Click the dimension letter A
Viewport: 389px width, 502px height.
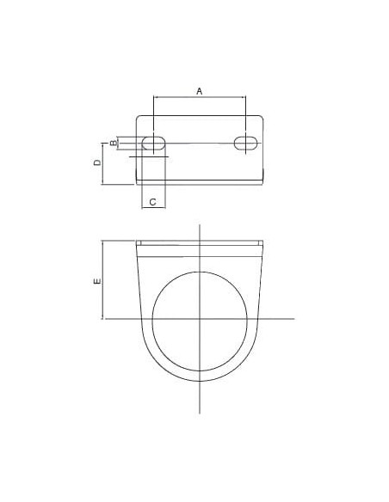click(200, 91)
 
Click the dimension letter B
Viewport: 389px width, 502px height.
click(114, 143)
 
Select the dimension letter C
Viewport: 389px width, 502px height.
click(153, 202)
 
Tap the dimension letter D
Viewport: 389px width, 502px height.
click(97, 162)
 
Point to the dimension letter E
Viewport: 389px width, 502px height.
click(97, 281)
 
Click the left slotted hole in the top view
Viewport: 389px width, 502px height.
click(154, 143)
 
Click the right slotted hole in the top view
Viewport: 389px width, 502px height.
click(246, 143)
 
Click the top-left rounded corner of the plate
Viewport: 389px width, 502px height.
click(138, 117)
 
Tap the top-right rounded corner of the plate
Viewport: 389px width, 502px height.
click(262, 117)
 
